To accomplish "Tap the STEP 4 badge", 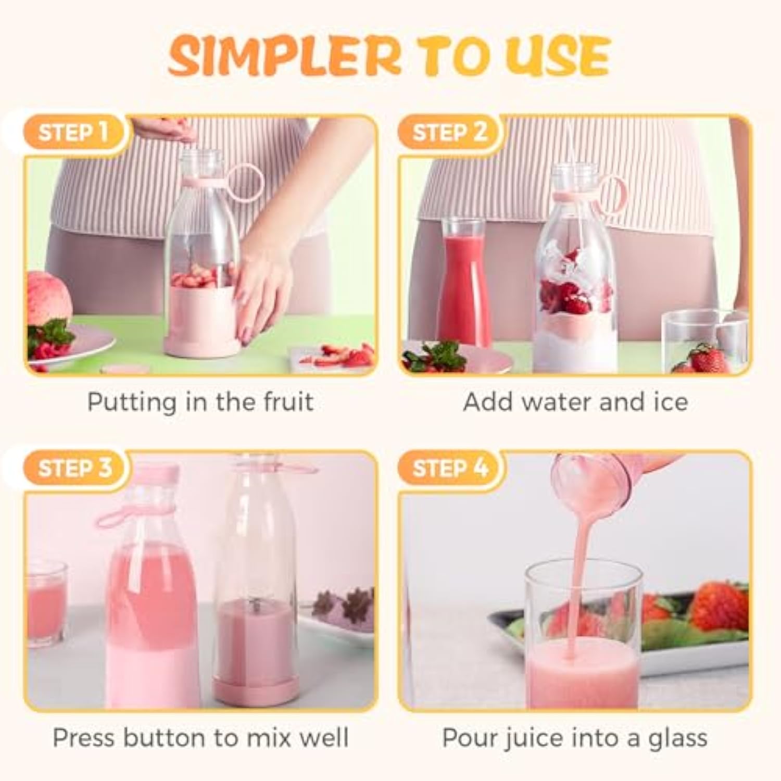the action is pos(450,468).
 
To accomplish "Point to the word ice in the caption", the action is pos(670,401).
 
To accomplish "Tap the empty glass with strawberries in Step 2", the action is pos(704,341).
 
